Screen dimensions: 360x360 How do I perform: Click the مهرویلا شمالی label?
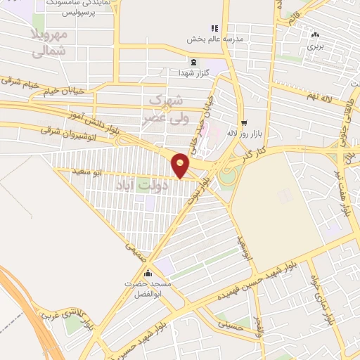50,41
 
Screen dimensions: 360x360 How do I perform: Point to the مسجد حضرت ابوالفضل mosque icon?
148,274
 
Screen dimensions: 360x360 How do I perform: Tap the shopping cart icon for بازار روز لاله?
243,122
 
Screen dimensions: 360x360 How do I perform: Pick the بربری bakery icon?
315,34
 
